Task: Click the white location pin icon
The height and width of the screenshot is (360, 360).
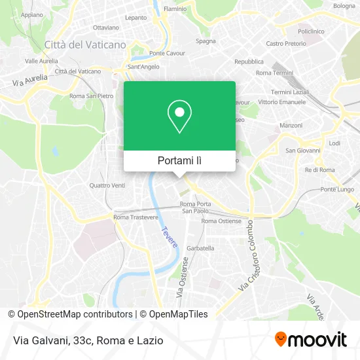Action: [x=179, y=116]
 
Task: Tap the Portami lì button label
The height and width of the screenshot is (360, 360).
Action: [x=179, y=160]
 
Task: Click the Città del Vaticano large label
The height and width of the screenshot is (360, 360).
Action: [x=85, y=45]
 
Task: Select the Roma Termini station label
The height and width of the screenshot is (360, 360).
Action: [x=272, y=73]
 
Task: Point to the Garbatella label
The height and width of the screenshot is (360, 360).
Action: [x=200, y=248]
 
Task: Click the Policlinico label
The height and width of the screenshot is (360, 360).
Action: [x=311, y=31]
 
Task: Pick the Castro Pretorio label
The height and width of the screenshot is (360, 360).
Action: [x=285, y=44]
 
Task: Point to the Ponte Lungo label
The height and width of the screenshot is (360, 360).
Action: [x=337, y=189]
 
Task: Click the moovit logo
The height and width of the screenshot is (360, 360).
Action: [x=310, y=339]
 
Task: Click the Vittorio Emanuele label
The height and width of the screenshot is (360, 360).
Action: [x=281, y=102]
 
